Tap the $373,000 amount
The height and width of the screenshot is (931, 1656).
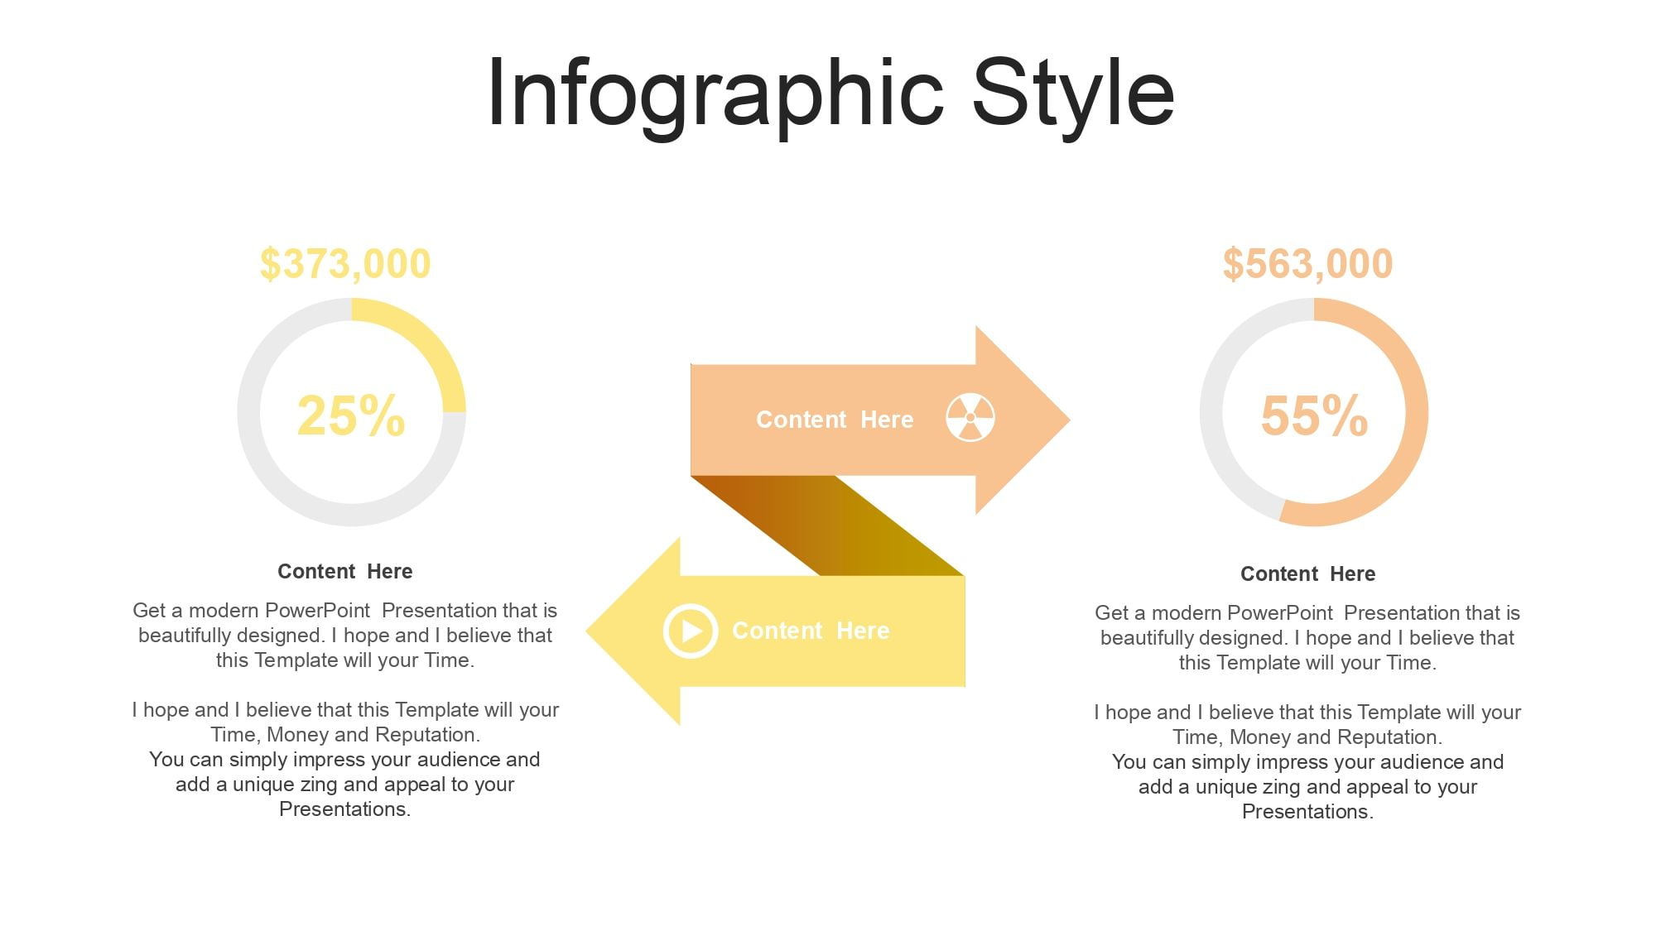345,264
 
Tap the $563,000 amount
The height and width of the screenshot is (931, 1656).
1308,264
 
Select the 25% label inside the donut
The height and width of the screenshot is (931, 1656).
351,415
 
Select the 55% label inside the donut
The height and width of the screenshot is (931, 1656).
1314,415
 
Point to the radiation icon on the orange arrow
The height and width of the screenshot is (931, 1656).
970,418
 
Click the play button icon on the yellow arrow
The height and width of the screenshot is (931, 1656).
690,631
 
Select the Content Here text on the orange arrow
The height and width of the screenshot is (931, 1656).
835,420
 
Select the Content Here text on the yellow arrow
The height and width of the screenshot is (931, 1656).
811,631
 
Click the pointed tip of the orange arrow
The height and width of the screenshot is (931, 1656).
1069,420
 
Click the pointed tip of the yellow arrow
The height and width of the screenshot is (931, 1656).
587,631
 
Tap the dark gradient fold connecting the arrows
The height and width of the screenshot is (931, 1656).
828,525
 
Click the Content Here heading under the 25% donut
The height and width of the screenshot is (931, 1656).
345,572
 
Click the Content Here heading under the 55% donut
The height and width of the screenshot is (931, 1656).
1308,574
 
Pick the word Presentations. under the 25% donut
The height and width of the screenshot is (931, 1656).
345,809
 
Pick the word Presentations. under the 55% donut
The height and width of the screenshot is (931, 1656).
1308,812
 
